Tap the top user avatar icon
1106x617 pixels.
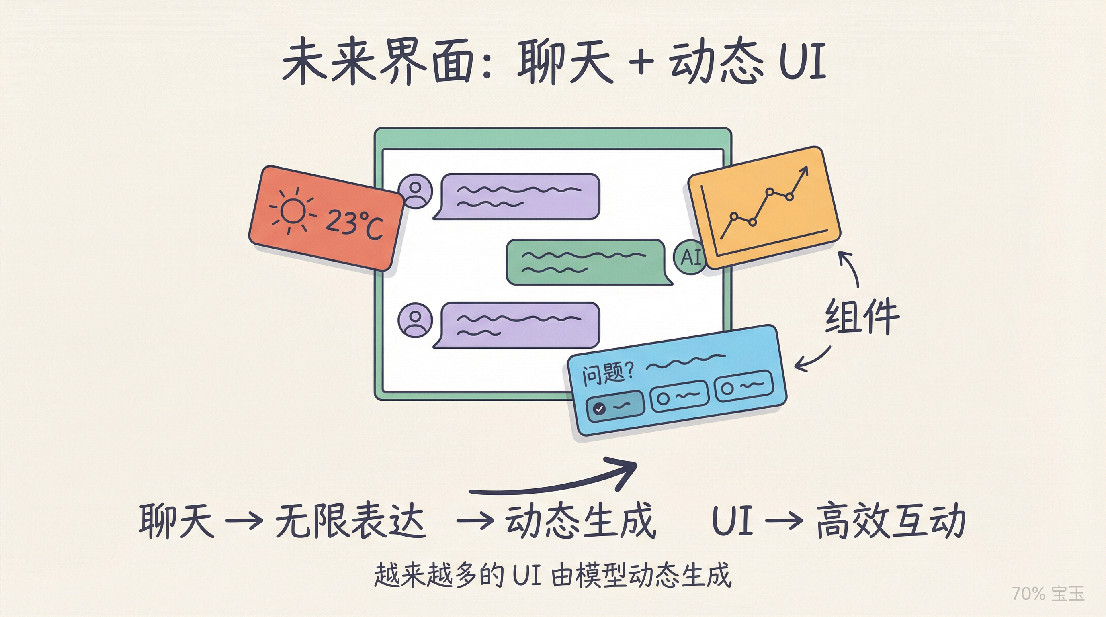[415, 191]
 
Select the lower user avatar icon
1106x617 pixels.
[415, 320]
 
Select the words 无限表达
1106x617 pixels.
[350, 521]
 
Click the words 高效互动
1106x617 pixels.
[891, 521]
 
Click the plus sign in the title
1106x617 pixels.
[640, 63]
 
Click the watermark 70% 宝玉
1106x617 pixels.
[1048, 593]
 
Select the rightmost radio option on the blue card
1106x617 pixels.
[743, 386]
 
